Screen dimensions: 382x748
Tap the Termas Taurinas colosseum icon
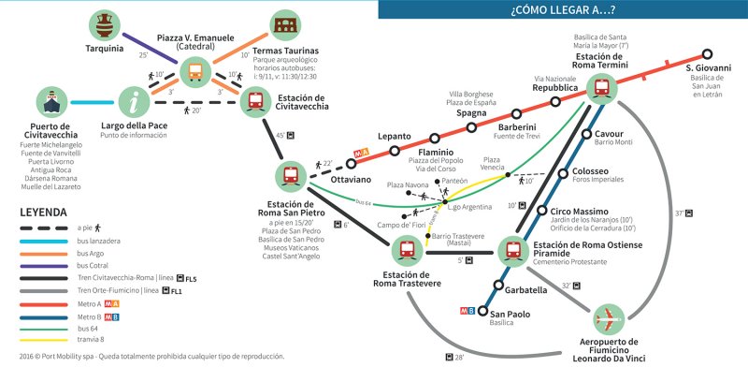(286, 25)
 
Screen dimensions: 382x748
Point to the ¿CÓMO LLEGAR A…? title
(563, 10)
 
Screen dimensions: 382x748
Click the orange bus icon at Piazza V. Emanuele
(195, 70)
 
